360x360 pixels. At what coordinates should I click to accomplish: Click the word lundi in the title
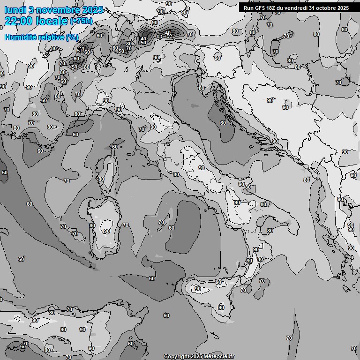click(14, 9)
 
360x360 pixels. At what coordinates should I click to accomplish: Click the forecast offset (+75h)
click(81, 21)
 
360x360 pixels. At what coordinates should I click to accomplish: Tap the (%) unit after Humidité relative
click(72, 37)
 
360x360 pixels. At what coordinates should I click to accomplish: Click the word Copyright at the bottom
click(176, 356)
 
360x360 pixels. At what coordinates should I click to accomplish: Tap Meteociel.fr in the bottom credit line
click(219, 356)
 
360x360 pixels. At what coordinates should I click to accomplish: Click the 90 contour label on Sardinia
click(107, 231)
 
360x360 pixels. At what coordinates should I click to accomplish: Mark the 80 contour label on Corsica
click(101, 179)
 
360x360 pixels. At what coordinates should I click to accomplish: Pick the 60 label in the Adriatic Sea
click(223, 123)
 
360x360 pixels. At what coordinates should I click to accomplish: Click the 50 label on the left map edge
click(5, 172)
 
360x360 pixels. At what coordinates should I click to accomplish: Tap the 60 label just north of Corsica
click(115, 147)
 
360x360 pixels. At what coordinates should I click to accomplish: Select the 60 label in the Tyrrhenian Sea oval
click(172, 228)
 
